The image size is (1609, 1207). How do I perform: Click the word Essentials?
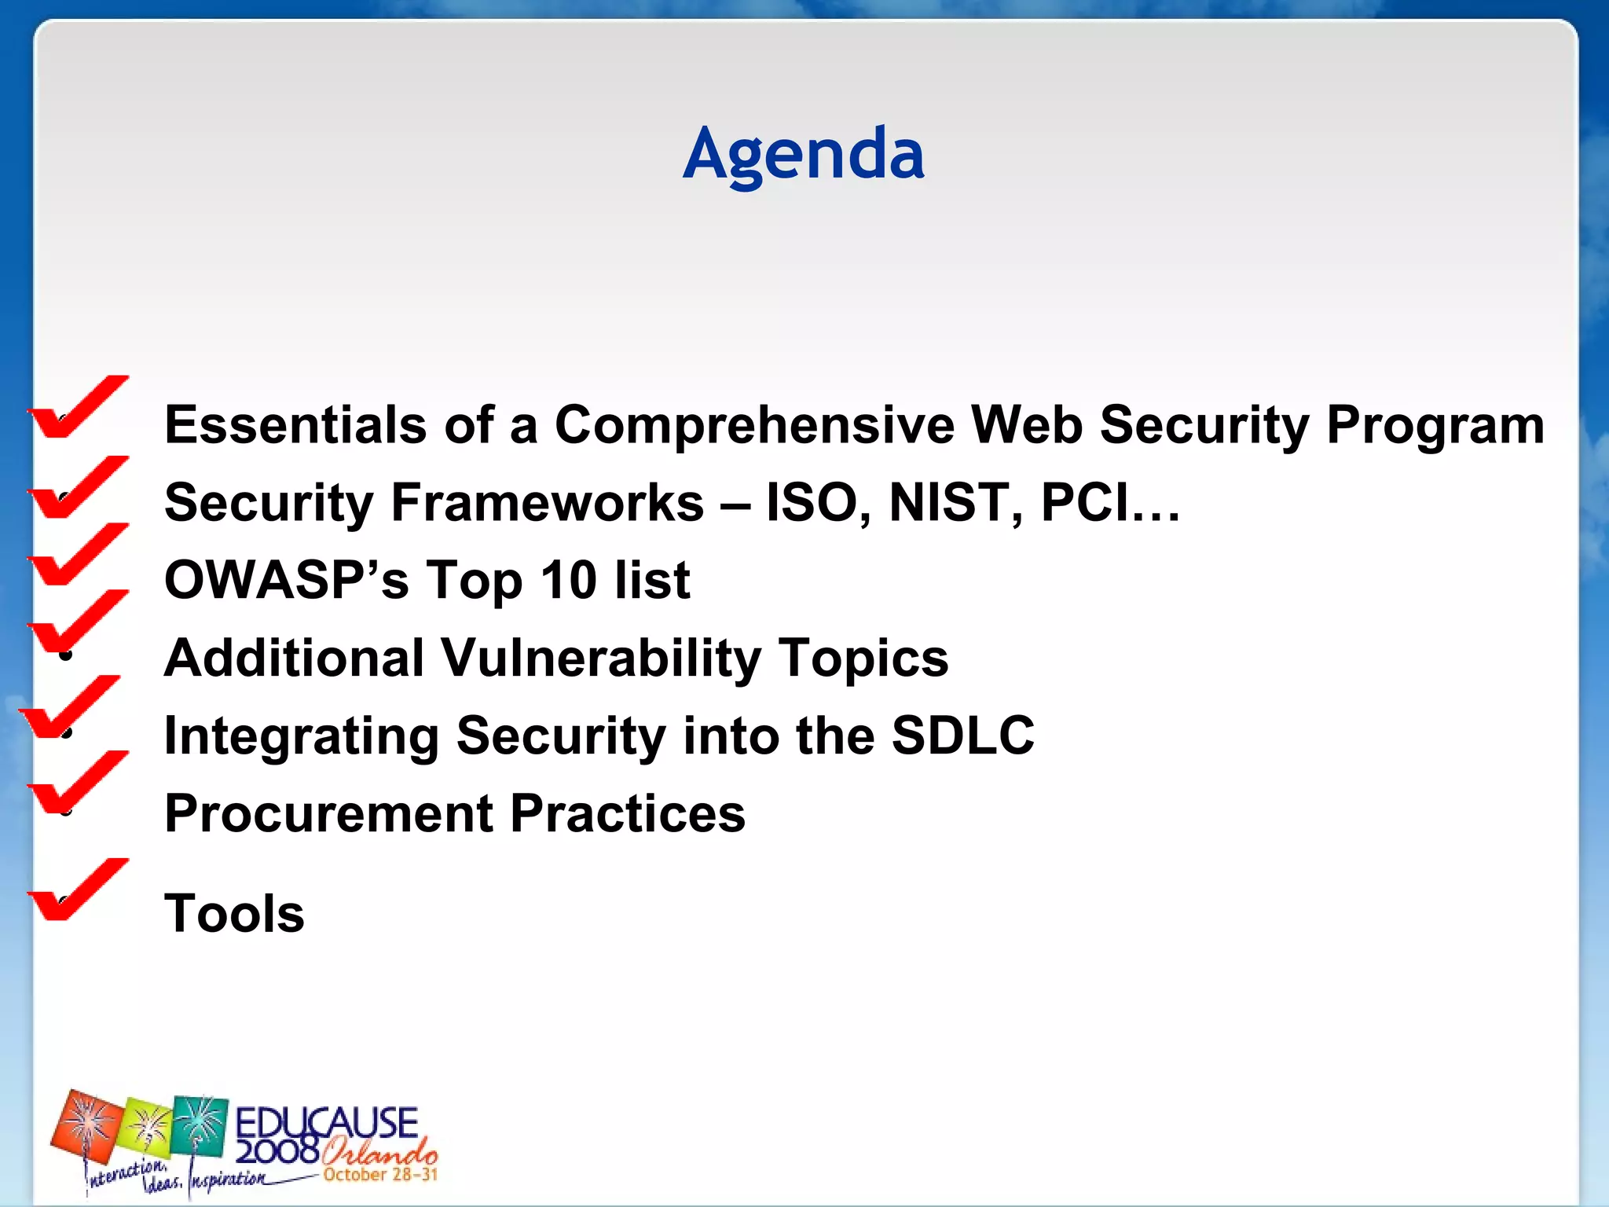click(x=295, y=425)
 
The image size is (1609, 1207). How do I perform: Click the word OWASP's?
click(x=286, y=581)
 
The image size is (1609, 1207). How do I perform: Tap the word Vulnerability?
click(x=600, y=659)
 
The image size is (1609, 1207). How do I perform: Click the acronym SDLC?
click(x=962, y=736)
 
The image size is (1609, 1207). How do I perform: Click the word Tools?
click(x=234, y=914)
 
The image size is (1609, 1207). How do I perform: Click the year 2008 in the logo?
click(x=277, y=1152)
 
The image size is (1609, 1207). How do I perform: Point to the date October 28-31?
click(x=379, y=1175)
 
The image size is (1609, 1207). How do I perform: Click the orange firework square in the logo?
click(x=86, y=1127)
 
